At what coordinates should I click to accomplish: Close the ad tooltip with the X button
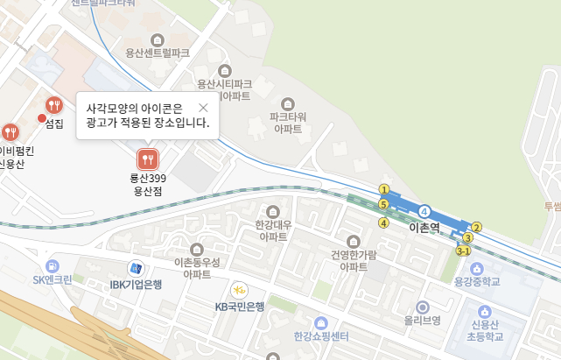point(203,108)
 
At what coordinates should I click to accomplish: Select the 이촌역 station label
point(424,227)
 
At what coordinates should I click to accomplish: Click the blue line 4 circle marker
point(424,211)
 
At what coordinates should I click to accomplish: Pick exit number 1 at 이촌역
point(383,188)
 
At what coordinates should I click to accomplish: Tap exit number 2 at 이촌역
point(477,228)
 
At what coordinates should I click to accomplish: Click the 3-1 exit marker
point(464,251)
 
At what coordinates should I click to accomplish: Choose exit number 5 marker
point(383,204)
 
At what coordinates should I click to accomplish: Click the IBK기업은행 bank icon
point(136,268)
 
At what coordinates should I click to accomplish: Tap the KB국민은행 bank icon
point(239,290)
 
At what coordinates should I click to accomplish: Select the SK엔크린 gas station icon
point(53,265)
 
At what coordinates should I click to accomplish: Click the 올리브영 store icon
point(423,307)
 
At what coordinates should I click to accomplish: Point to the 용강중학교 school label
point(477,281)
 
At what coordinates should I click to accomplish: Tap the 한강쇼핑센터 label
point(321,337)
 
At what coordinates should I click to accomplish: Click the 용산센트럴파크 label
point(158,53)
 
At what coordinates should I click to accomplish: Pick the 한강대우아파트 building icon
point(272,212)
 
